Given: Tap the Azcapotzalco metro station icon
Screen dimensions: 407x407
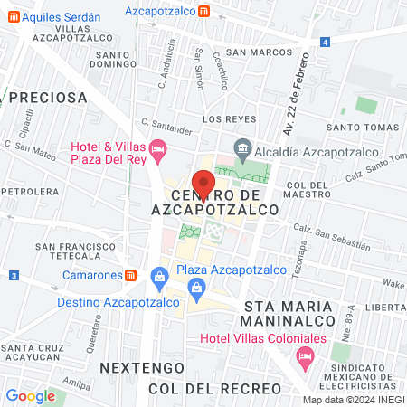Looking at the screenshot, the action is pos(205,12).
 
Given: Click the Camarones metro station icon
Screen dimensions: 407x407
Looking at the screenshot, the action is pos(131,275).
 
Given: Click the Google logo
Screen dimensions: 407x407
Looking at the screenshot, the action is pos(30,395).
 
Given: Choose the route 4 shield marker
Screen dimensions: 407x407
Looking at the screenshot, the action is pos(325,42).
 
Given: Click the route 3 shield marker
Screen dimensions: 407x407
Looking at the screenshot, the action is pos(14,275).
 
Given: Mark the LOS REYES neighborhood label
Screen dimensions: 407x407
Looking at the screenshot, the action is pos(223,118).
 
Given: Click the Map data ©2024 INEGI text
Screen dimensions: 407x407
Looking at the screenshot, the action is pos(353,400).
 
